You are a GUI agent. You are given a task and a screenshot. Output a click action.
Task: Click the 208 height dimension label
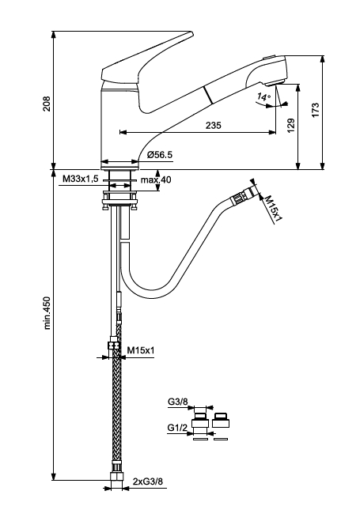(47, 104)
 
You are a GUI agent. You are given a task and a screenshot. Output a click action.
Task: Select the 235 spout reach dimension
(214, 125)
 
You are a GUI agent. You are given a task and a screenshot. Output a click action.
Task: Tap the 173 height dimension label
(316, 110)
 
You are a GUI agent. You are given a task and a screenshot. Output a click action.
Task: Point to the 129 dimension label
(291, 125)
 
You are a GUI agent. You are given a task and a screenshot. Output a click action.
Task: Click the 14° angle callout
(263, 96)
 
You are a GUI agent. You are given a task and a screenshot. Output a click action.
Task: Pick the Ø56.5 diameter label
(160, 155)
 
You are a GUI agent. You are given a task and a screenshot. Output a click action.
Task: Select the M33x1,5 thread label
(81, 179)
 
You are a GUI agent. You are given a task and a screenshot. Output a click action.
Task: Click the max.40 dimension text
(156, 179)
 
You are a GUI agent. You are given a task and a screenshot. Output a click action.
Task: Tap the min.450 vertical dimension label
(47, 313)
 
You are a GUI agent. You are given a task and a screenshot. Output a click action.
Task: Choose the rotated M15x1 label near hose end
(274, 209)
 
